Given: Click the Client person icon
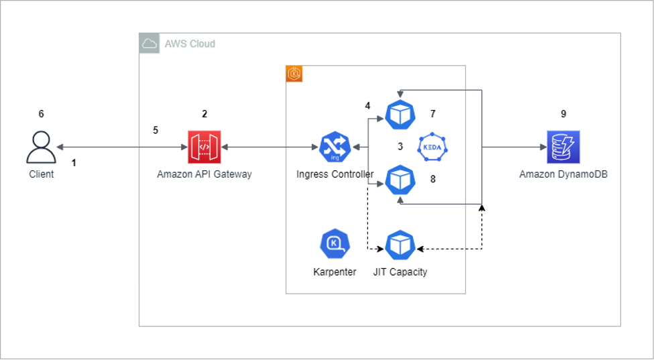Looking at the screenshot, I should (x=41, y=147).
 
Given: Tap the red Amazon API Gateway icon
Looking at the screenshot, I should (x=204, y=147).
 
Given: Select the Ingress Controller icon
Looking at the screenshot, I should (x=335, y=147).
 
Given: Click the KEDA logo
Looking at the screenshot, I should (x=432, y=147).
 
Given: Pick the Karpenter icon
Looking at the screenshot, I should (x=335, y=245).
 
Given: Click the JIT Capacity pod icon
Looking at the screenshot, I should (x=400, y=245).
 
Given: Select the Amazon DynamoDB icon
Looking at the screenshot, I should (x=563, y=147).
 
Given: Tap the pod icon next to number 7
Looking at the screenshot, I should (x=400, y=115).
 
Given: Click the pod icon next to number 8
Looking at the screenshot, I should (x=400, y=180).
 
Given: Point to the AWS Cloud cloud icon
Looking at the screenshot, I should (x=150, y=44).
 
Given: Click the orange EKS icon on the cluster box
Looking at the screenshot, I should (x=294, y=74).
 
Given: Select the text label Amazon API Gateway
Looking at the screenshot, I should (x=204, y=174).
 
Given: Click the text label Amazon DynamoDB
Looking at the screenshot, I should (x=563, y=174).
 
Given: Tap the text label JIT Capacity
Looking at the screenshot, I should (x=400, y=272).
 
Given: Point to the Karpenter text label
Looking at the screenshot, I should (x=335, y=272).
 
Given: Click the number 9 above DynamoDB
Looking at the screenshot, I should (x=563, y=114).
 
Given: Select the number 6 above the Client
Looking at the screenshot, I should (x=41, y=114).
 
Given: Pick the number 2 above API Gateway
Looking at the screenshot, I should (x=204, y=114).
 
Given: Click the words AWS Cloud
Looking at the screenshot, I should (x=190, y=44).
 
